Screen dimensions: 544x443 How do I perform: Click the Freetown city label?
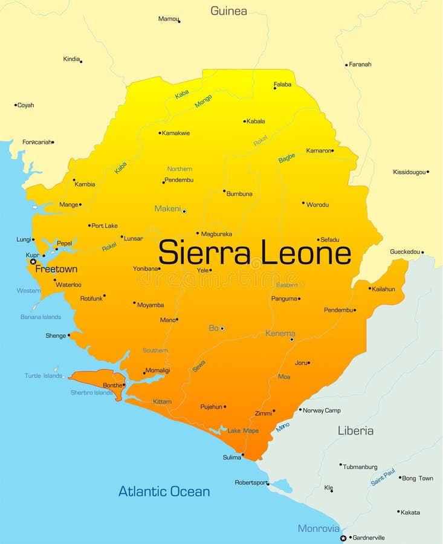[x=56, y=269]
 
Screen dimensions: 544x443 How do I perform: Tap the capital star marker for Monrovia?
[x=343, y=537]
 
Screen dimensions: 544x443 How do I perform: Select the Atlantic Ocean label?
[x=164, y=491]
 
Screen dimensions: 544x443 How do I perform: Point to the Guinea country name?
[x=228, y=11]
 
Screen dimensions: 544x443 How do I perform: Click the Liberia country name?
[x=355, y=431]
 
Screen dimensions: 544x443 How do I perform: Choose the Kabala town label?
[x=256, y=121]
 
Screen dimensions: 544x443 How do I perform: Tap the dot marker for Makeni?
[x=184, y=211]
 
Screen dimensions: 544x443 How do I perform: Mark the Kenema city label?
[x=280, y=333]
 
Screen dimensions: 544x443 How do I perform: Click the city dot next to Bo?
[x=222, y=328]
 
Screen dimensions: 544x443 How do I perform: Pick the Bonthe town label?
[x=112, y=385]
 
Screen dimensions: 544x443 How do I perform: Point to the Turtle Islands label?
[x=44, y=376]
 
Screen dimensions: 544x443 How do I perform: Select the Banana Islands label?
[x=40, y=317]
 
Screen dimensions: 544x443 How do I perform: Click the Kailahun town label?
[x=383, y=289]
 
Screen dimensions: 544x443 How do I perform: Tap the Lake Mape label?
[x=243, y=431]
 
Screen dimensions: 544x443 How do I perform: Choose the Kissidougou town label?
[x=409, y=172]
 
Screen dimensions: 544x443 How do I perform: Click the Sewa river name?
[x=199, y=366]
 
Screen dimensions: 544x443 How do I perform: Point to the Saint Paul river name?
[x=383, y=477]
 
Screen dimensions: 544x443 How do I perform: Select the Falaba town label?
[x=282, y=85]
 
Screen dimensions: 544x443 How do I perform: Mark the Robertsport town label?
[x=251, y=482]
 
